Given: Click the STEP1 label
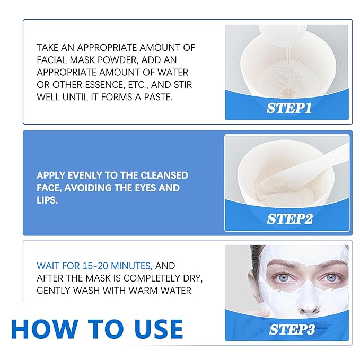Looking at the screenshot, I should (x=288, y=108).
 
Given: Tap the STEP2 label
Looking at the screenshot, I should (x=289, y=218).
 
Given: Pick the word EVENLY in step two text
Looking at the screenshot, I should (x=83, y=175).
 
